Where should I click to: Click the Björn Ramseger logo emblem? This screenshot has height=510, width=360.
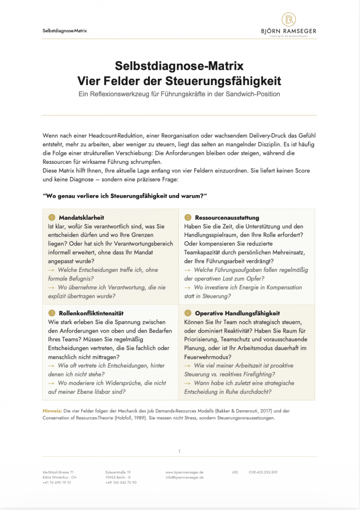pyautogui.click(x=289, y=19)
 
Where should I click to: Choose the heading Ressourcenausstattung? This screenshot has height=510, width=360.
pyautogui.click(x=227, y=218)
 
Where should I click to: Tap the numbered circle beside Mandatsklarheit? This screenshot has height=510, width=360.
pyautogui.click(x=51, y=218)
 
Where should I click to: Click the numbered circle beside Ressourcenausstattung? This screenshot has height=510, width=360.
pyautogui.click(x=188, y=218)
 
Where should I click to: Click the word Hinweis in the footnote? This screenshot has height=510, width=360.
pyautogui.click(x=52, y=410)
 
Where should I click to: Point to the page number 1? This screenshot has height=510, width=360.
pyautogui.click(x=179, y=451)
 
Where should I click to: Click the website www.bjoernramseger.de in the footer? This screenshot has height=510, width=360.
pyautogui.click(x=184, y=472)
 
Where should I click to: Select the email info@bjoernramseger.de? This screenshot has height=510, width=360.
pyautogui.click(x=184, y=477)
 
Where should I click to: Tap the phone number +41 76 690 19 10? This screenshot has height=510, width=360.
pyautogui.click(x=57, y=483)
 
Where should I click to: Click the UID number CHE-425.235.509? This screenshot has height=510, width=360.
pyautogui.click(x=263, y=472)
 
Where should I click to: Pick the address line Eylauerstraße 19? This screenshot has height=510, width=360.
pyautogui.click(x=118, y=472)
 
